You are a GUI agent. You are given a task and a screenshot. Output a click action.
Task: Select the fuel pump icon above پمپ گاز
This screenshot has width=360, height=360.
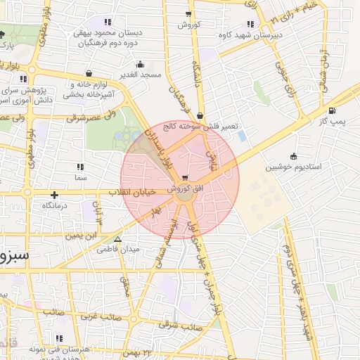point(331,110)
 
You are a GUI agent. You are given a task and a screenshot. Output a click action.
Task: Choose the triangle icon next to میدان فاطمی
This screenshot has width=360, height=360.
point(118,239)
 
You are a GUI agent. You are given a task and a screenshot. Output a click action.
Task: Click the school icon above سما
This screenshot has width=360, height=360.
point(79,167)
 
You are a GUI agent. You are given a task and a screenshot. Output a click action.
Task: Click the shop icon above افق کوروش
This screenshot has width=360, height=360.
point(185,178)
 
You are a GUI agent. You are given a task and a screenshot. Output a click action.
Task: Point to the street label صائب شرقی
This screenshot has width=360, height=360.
point(175,325)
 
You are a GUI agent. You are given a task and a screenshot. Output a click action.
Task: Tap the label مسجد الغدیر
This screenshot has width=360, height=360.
point(141,74)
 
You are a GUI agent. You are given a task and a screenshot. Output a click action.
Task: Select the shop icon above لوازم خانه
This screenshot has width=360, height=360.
point(89,72)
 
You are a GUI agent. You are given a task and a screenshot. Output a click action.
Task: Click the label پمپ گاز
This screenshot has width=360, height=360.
point(331,121)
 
